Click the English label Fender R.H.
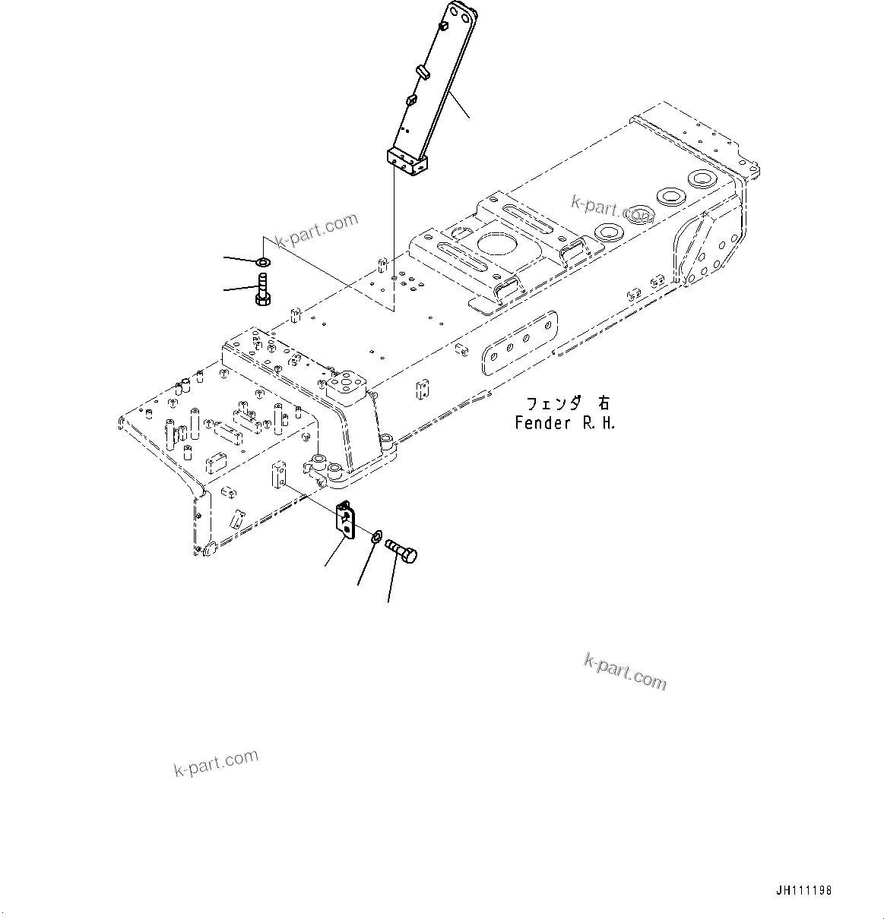coord(564,424)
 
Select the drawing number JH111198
coord(804,891)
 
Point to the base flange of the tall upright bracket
coord(407,161)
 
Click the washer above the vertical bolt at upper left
coord(262,263)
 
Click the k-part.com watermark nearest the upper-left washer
coord(316,230)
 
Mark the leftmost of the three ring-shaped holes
coord(609,232)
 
